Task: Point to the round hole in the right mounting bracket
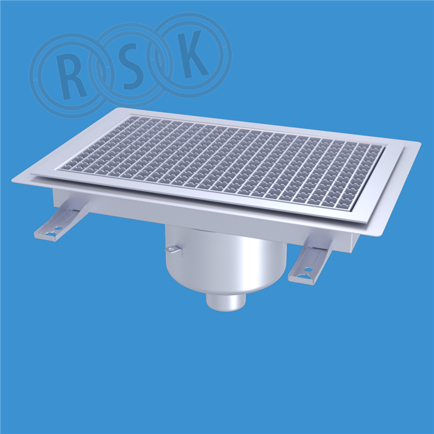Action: [x=308, y=268]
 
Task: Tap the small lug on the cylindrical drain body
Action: [x=172, y=250]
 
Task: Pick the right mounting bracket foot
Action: [x=310, y=260]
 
